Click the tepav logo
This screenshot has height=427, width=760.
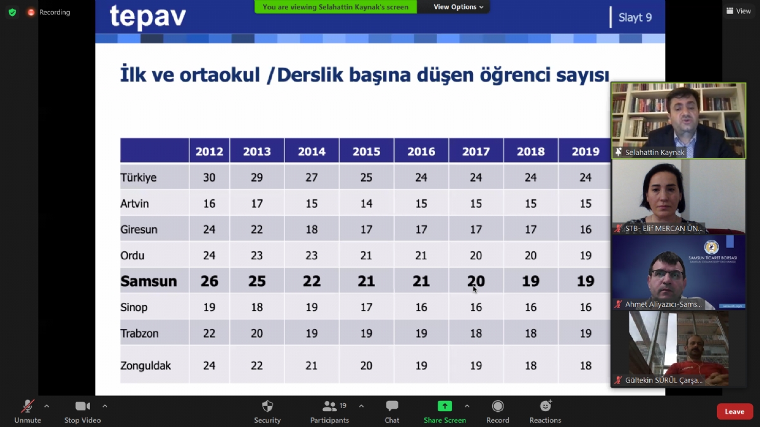tap(148, 17)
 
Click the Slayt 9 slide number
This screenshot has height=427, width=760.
tap(635, 17)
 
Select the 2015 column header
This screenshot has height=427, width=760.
tap(366, 151)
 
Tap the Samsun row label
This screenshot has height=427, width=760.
tap(149, 281)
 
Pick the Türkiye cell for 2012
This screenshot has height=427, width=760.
tap(209, 177)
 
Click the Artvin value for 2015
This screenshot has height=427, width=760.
tap(366, 203)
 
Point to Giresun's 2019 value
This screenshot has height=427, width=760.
tap(585, 230)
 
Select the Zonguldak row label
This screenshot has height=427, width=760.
tap(146, 366)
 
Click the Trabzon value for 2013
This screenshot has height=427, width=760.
tap(257, 333)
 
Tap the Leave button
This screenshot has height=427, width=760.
tap(734, 411)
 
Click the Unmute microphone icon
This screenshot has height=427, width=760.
tap(27, 406)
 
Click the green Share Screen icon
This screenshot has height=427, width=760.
tap(445, 406)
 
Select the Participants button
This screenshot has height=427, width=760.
tap(329, 411)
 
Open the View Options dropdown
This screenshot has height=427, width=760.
tap(458, 7)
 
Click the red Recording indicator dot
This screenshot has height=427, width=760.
tap(31, 12)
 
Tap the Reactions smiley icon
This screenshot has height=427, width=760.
tap(545, 405)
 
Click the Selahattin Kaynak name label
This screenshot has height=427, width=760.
tap(654, 152)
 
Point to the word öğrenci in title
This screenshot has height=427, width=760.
tap(515, 75)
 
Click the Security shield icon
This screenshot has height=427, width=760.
tap(267, 406)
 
